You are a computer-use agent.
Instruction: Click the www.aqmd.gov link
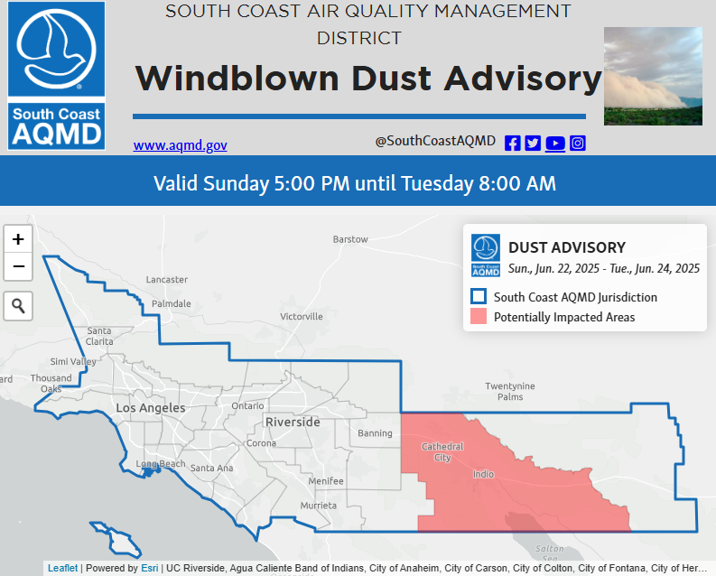[180, 145]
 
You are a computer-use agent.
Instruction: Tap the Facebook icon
[512, 144]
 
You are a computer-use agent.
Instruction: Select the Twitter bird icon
[533, 144]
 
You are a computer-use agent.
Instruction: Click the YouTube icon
[554, 144]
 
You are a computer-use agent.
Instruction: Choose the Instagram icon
[578, 144]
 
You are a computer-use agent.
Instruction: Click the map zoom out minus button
[18, 266]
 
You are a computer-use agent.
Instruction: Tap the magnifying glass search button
[18, 306]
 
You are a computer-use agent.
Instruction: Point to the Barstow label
[350, 239]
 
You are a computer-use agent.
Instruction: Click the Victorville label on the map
[302, 316]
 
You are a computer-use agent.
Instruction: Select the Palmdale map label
[172, 303]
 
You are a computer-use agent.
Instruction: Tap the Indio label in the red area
[483, 474]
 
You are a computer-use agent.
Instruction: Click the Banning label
[375, 433]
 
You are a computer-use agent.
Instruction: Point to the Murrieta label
[319, 506]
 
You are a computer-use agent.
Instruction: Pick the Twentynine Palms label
[510, 391]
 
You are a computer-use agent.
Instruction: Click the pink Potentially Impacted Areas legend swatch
[479, 316]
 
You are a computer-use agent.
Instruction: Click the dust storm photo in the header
[653, 76]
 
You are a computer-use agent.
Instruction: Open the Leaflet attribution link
[62, 568]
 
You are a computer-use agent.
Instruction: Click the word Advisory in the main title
[524, 79]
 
